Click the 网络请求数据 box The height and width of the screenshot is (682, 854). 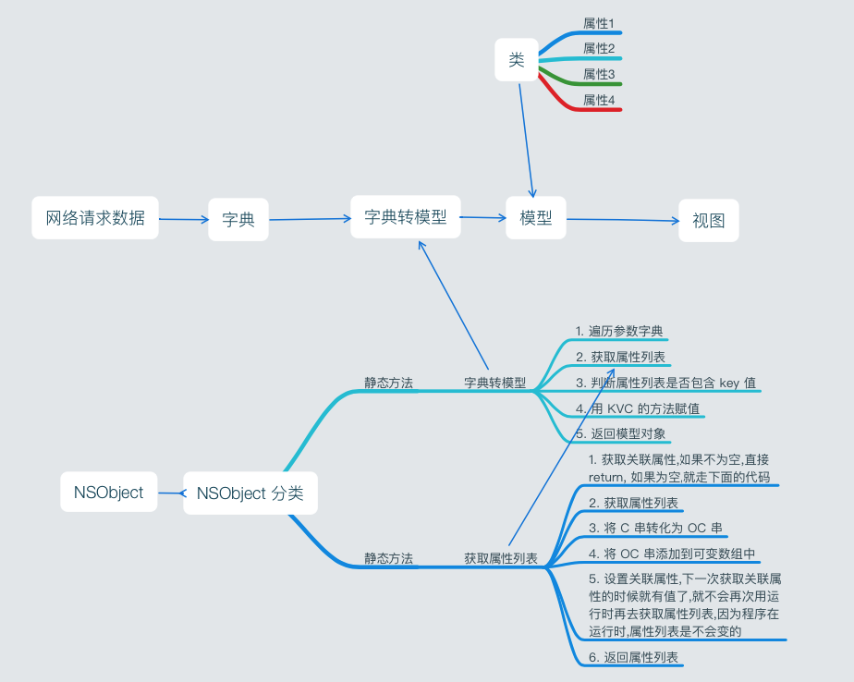(x=95, y=218)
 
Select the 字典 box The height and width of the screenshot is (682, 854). (x=238, y=220)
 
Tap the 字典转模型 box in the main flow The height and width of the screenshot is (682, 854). (x=405, y=217)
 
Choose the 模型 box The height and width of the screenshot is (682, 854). (x=536, y=218)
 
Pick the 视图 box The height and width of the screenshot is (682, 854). (x=709, y=221)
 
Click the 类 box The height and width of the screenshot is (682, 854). (x=517, y=60)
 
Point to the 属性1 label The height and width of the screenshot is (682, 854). (x=599, y=22)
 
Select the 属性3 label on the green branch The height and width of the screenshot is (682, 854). (x=599, y=74)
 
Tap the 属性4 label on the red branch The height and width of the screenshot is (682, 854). (x=599, y=100)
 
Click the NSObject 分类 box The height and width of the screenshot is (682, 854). (x=250, y=493)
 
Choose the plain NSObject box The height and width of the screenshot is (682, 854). (x=109, y=493)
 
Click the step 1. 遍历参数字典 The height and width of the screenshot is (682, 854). (x=618, y=331)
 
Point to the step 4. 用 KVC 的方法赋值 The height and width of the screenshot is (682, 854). (x=637, y=408)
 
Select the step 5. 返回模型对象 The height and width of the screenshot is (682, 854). (x=620, y=432)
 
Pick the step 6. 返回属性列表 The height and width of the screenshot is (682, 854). (x=633, y=657)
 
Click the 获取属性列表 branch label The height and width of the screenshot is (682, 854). (x=501, y=558)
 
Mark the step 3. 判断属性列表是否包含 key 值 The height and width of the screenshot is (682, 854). (x=665, y=383)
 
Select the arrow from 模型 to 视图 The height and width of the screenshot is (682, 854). (x=622, y=220)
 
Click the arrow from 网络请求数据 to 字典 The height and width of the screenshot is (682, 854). (x=183, y=219)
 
